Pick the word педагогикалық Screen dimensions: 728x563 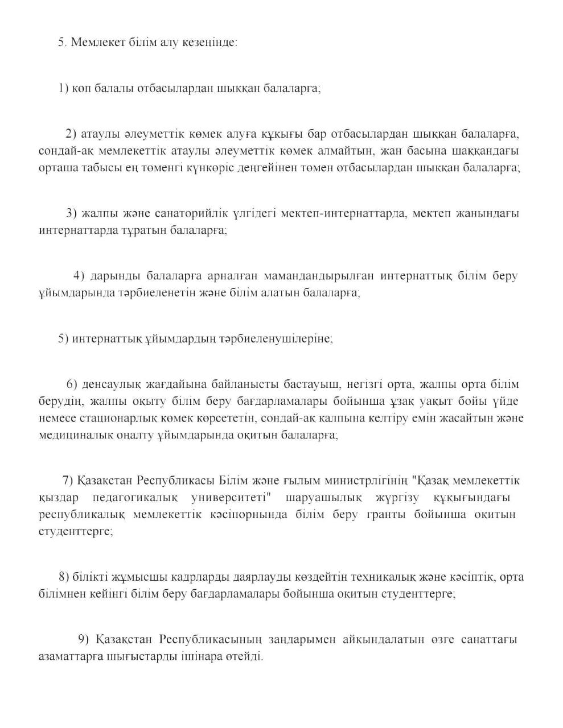(x=135, y=498)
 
